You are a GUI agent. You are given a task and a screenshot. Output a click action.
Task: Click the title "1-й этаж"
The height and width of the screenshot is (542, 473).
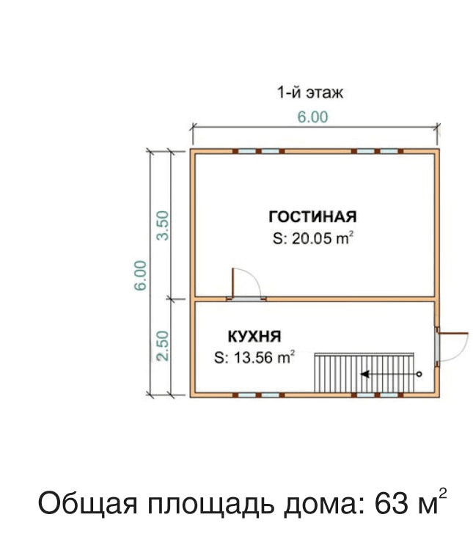click(310, 92)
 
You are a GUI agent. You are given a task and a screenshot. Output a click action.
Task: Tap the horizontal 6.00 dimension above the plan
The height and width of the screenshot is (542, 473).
click(312, 117)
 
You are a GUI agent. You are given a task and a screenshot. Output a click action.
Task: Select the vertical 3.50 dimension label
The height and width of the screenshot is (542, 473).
click(163, 226)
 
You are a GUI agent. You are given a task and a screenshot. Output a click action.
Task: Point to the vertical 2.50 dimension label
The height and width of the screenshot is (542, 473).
click(163, 346)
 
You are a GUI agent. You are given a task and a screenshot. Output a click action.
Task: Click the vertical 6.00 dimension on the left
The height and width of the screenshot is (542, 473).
click(141, 276)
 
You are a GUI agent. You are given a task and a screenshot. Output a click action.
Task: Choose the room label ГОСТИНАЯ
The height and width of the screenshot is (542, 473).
click(312, 217)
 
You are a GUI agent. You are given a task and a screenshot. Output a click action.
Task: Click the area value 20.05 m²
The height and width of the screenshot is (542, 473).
click(313, 238)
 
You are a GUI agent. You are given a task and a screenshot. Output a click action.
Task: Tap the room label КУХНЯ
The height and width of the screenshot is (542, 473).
click(254, 337)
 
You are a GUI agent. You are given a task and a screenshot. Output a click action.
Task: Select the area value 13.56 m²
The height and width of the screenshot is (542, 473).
click(254, 357)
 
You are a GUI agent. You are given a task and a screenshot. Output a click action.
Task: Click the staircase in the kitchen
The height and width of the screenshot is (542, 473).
click(364, 373)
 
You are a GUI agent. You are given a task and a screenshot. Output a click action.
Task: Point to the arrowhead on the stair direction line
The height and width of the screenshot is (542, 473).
click(364, 374)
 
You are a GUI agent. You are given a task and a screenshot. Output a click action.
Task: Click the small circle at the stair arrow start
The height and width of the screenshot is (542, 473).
click(419, 374)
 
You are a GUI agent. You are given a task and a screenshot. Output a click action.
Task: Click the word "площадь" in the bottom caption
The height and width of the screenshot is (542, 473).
click(211, 505)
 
